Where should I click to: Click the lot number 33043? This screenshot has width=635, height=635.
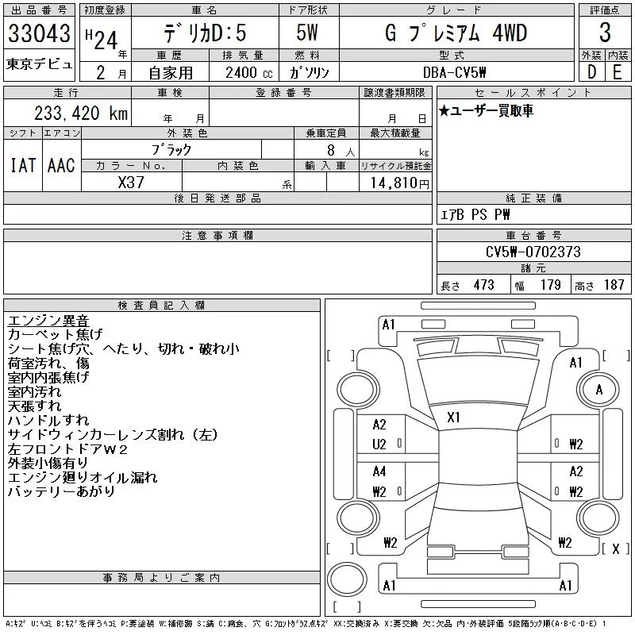pyautogui.click(x=39, y=34)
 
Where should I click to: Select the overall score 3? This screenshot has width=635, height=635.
pyautogui.click(x=605, y=33)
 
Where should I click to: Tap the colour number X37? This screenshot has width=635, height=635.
pyautogui.click(x=131, y=182)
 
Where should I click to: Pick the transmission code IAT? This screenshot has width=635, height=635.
pyautogui.click(x=23, y=165)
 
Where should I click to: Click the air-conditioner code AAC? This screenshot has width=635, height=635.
pyautogui.click(x=60, y=165)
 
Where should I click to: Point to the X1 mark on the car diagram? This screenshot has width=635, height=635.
pyautogui.click(x=455, y=416)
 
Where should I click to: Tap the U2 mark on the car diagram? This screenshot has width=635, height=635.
pyautogui.click(x=379, y=444)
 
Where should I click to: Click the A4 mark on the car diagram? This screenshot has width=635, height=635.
pyautogui.click(x=379, y=471)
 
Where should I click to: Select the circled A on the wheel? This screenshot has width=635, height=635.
pyautogui.click(x=599, y=390)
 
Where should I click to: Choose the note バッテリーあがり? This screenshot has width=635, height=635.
pyautogui.click(x=61, y=492)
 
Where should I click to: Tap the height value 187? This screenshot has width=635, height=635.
pyautogui.click(x=614, y=285)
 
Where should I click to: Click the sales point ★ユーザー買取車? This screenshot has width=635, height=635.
pyautogui.click(x=486, y=110)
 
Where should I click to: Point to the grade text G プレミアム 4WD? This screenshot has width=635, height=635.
pyautogui.click(x=455, y=33)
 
